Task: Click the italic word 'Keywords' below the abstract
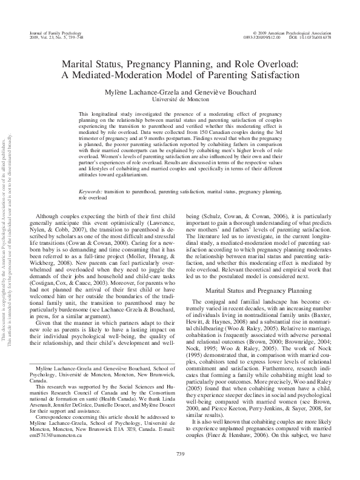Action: [90, 191]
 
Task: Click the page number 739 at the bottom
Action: [179, 453]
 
